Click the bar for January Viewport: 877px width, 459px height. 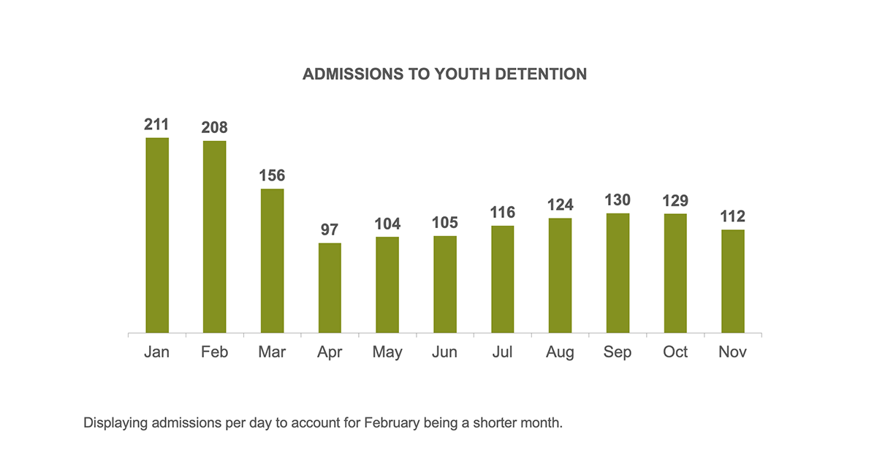(157, 235)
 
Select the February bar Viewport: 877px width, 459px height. (215, 237)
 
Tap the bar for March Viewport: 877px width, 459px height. (273, 261)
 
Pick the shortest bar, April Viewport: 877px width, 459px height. (330, 288)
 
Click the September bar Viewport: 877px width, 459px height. (618, 273)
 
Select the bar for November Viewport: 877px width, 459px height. (732, 281)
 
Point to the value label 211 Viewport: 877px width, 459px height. (157, 124)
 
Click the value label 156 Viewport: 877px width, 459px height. (273, 175)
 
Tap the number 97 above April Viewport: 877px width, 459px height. (330, 229)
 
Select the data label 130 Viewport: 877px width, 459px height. (618, 200)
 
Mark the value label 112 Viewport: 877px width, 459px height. (732, 216)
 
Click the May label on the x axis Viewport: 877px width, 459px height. (387, 352)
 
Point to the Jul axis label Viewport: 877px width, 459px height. (502, 352)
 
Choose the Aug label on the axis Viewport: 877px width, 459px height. (560, 352)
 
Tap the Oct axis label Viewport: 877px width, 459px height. (675, 352)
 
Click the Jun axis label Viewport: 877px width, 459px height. (444, 352)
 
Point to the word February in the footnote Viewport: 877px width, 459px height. (384, 423)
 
